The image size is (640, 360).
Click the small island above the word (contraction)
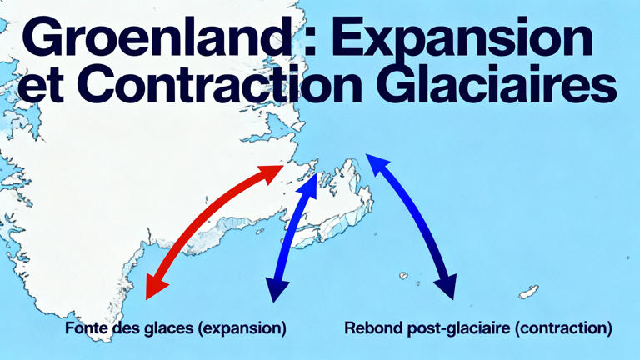pos(527,292)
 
